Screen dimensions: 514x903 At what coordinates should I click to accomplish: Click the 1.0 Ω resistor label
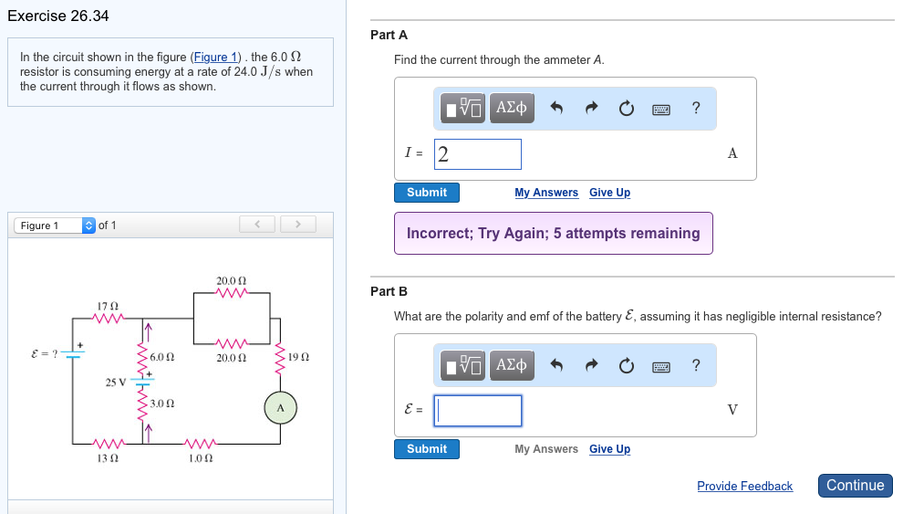[x=201, y=457]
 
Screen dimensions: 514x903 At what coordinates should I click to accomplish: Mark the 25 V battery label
[x=115, y=382]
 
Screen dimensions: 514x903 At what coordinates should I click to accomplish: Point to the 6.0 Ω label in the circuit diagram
[x=163, y=357]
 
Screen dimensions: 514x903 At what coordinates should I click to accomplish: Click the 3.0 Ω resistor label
[x=163, y=403]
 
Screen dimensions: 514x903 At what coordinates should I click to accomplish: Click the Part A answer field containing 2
[x=477, y=154]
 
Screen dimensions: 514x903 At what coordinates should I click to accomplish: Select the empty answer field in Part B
[x=477, y=411]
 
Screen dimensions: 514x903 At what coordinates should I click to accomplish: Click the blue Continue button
[x=855, y=486]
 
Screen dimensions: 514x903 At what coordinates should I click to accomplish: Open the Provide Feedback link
[x=744, y=487]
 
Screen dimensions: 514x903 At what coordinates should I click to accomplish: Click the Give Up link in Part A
[x=609, y=193]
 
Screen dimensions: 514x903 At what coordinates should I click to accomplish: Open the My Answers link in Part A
[x=546, y=193]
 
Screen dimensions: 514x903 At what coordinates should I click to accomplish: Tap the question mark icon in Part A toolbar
[x=696, y=109]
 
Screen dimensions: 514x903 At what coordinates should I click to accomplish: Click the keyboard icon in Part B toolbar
[x=661, y=366]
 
